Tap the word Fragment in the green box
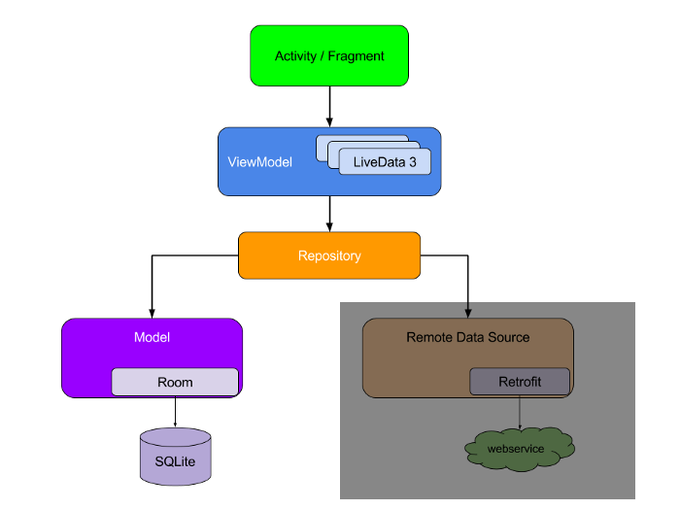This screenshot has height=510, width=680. (x=356, y=56)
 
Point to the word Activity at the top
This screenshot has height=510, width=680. (x=295, y=56)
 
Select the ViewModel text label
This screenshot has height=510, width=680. (x=259, y=162)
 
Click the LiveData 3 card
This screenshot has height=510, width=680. (x=385, y=162)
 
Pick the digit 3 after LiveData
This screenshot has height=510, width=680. (x=412, y=162)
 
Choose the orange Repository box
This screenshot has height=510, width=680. (x=329, y=255)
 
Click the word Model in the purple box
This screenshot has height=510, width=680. (x=152, y=338)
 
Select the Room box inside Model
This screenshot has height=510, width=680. (x=175, y=382)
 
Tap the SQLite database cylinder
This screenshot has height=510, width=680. (x=175, y=457)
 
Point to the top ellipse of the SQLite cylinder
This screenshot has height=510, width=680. (x=175, y=437)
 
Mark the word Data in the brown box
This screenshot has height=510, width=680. (x=469, y=337)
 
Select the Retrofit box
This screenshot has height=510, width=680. (x=520, y=382)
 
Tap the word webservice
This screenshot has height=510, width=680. (x=515, y=449)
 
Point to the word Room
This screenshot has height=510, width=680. (x=175, y=383)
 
